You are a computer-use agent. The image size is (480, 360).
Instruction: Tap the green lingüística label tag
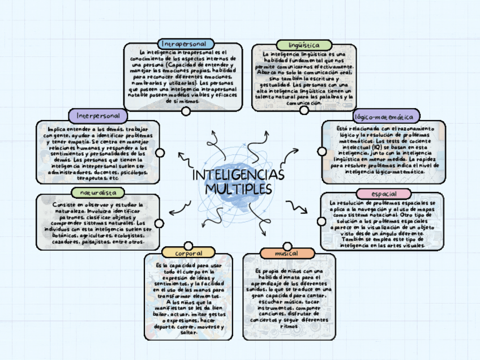coord(303,45)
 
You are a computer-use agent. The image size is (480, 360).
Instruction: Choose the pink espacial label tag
coord(384,194)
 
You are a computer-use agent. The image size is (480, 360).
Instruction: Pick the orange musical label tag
coord(286,254)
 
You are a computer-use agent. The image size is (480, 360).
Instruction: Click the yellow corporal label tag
coord(188,252)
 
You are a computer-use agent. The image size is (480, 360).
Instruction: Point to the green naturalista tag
coord(98,192)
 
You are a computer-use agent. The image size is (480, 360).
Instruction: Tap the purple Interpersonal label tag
coord(98,115)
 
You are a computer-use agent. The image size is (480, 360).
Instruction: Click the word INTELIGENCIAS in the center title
coord(238,175)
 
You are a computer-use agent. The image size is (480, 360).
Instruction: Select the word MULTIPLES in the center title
coord(238,188)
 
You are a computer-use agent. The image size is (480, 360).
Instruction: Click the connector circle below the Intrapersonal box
coord(186,112)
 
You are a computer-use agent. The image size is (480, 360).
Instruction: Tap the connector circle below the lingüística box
coord(304,110)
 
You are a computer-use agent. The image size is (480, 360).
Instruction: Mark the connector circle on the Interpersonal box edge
coord(160,153)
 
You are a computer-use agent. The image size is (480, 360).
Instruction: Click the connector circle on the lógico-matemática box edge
coord(322,151)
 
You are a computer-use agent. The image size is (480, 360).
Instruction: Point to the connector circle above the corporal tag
coord(188,245)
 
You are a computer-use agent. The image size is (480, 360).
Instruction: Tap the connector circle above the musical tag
coord(288,246)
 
